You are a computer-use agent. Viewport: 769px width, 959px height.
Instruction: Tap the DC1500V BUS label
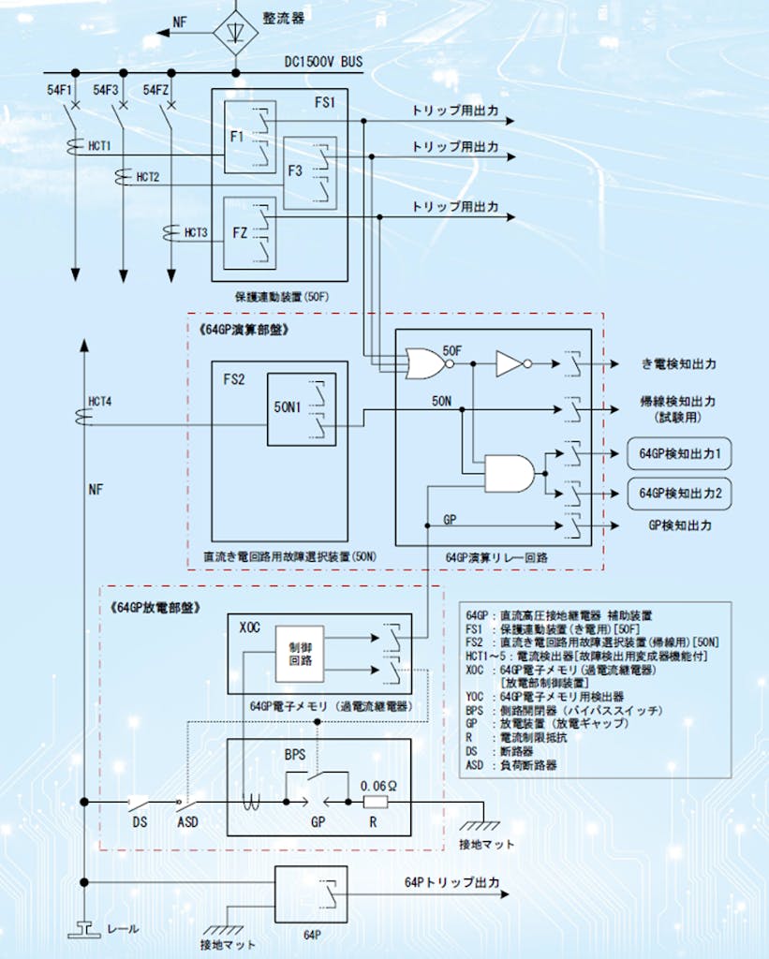[323, 63]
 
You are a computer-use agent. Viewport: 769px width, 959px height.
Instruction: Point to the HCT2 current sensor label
[148, 176]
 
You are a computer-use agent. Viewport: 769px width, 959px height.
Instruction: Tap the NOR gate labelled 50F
[423, 363]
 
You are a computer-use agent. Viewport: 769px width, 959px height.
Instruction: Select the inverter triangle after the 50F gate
[510, 363]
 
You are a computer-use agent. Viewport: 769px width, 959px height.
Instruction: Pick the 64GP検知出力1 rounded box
[678, 453]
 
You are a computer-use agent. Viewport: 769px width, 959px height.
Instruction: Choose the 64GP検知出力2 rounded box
[678, 492]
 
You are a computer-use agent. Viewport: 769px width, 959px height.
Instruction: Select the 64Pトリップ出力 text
[451, 883]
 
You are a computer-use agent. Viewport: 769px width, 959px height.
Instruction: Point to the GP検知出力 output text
[680, 526]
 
